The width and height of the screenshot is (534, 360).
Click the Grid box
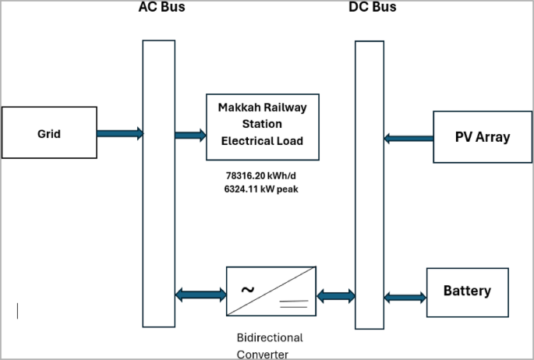(49, 133)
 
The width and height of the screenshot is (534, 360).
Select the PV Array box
(482, 137)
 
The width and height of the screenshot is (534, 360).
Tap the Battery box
(467, 291)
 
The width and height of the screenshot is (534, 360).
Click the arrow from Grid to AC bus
(120, 133)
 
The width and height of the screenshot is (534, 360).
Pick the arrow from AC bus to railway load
(190, 136)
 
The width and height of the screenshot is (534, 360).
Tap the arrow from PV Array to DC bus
(408, 138)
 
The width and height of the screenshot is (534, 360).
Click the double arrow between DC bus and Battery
(405, 297)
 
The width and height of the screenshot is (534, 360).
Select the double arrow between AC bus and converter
(200, 295)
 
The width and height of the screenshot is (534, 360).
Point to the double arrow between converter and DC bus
(335, 295)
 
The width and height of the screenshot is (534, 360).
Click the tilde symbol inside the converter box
(247, 290)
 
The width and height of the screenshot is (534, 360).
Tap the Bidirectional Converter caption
(270, 346)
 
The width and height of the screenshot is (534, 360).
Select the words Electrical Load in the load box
(262, 141)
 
